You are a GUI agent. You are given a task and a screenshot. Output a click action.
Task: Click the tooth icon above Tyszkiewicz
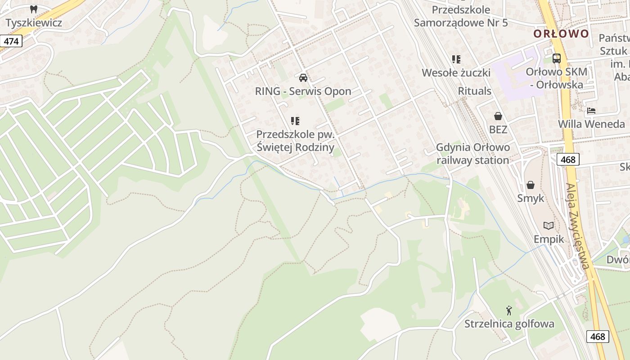[x=33, y=9]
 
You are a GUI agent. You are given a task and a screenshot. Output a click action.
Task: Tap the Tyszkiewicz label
[x=34, y=22]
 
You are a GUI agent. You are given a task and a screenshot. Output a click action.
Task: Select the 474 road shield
[x=11, y=41]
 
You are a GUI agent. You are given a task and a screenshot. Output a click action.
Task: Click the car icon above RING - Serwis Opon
[x=303, y=77]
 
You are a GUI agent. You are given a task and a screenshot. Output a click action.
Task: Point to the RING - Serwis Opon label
[x=303, y=91]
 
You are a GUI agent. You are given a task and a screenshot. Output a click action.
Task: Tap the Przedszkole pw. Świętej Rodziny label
[x=295, y=141]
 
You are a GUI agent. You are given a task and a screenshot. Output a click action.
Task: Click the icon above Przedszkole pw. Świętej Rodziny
[x=295, y=121]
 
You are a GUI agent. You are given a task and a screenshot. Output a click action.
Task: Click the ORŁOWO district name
[x=561, y=34]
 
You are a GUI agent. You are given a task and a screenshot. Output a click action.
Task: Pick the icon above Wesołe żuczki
[x=456, y=59]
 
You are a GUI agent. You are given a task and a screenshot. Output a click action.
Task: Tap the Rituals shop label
[x=474, y=91]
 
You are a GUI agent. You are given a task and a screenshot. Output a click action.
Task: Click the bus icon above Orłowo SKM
[x=557, y=58]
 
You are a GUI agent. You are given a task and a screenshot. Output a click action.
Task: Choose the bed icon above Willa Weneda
[x=591, y=111]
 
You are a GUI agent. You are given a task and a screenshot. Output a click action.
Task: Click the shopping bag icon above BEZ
[x=498, y=116]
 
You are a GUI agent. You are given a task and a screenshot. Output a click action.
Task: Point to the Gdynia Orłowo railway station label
[x=473, y=154]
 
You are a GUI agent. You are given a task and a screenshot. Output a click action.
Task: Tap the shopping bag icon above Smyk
[x=531, y=185]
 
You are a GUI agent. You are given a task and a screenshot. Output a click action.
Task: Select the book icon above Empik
[x=549, y=225]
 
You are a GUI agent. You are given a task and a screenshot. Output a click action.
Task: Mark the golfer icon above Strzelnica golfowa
[x=509, y=310]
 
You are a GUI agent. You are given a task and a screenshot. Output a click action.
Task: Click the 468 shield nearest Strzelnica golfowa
[x=598, y=336]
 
